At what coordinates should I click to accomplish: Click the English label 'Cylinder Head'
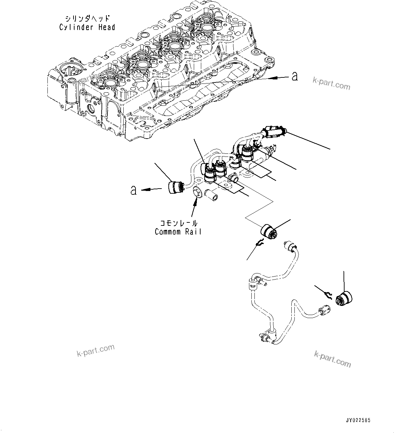pyautogui.click(x=87, y=27)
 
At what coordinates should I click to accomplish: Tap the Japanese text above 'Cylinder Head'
pyautogui.click(x=87, y=18)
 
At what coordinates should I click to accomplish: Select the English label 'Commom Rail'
pyautogui.click(x=178, y=232)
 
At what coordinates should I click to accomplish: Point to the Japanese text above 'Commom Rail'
pyautogui.click(x=179, y=223)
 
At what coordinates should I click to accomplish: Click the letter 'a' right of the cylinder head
pyautogui.click(x=294, y=76)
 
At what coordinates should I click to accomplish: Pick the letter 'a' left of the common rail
pyautogui.click(x=134, y=190)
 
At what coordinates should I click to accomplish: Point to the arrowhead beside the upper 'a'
pyautogui.click(x=272, y=78)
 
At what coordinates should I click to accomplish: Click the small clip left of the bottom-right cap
pyautogui.click(x=327, y=295)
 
